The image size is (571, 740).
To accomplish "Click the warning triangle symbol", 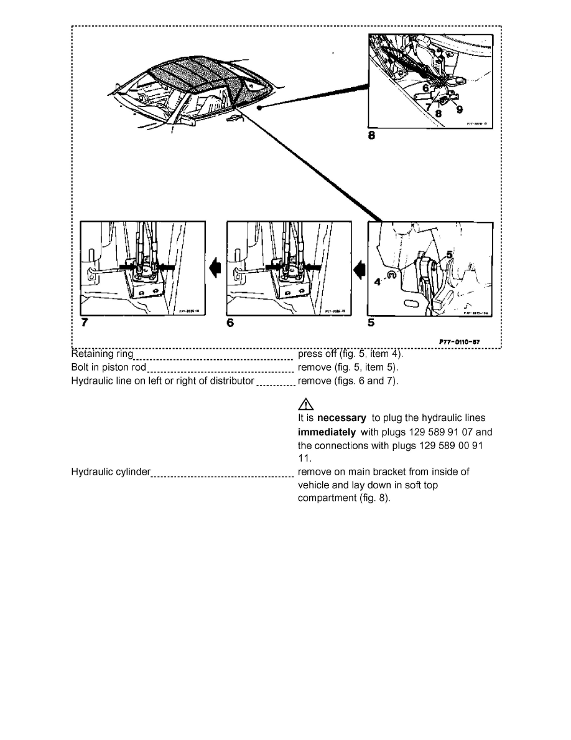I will click(304, 404).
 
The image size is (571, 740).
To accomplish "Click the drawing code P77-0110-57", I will click(459, 341).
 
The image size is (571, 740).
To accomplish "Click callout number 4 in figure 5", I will click(377, 281).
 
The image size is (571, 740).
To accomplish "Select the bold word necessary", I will click(341, 418).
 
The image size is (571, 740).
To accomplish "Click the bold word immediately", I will click(327, 432).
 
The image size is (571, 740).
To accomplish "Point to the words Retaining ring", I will click(102, 354).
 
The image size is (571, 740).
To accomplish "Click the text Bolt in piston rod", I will click(109, 367).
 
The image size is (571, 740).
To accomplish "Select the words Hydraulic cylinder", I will click(111, 472).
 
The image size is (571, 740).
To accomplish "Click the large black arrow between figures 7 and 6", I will click(216, 268).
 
